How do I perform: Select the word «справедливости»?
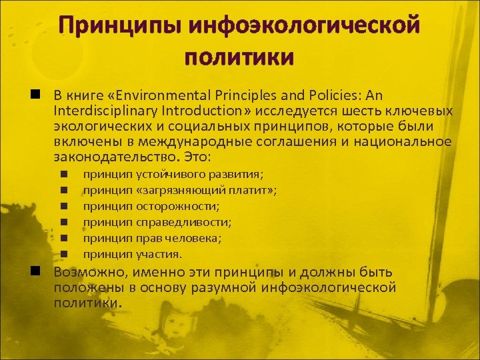tap(183, 222)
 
